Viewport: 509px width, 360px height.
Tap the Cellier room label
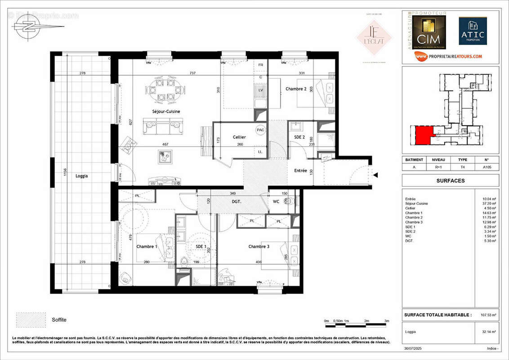[239, 137]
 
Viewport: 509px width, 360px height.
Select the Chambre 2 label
[296, 89]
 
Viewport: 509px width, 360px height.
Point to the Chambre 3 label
[259, 247]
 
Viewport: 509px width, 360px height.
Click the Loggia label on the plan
[81, 176]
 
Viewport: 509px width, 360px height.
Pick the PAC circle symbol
[260, 130]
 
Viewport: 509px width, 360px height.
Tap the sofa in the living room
[163, 126]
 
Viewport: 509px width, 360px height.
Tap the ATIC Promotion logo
[473, 31]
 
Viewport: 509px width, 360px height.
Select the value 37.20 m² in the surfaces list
[489, 203]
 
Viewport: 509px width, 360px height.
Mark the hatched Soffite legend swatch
[31, 320]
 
